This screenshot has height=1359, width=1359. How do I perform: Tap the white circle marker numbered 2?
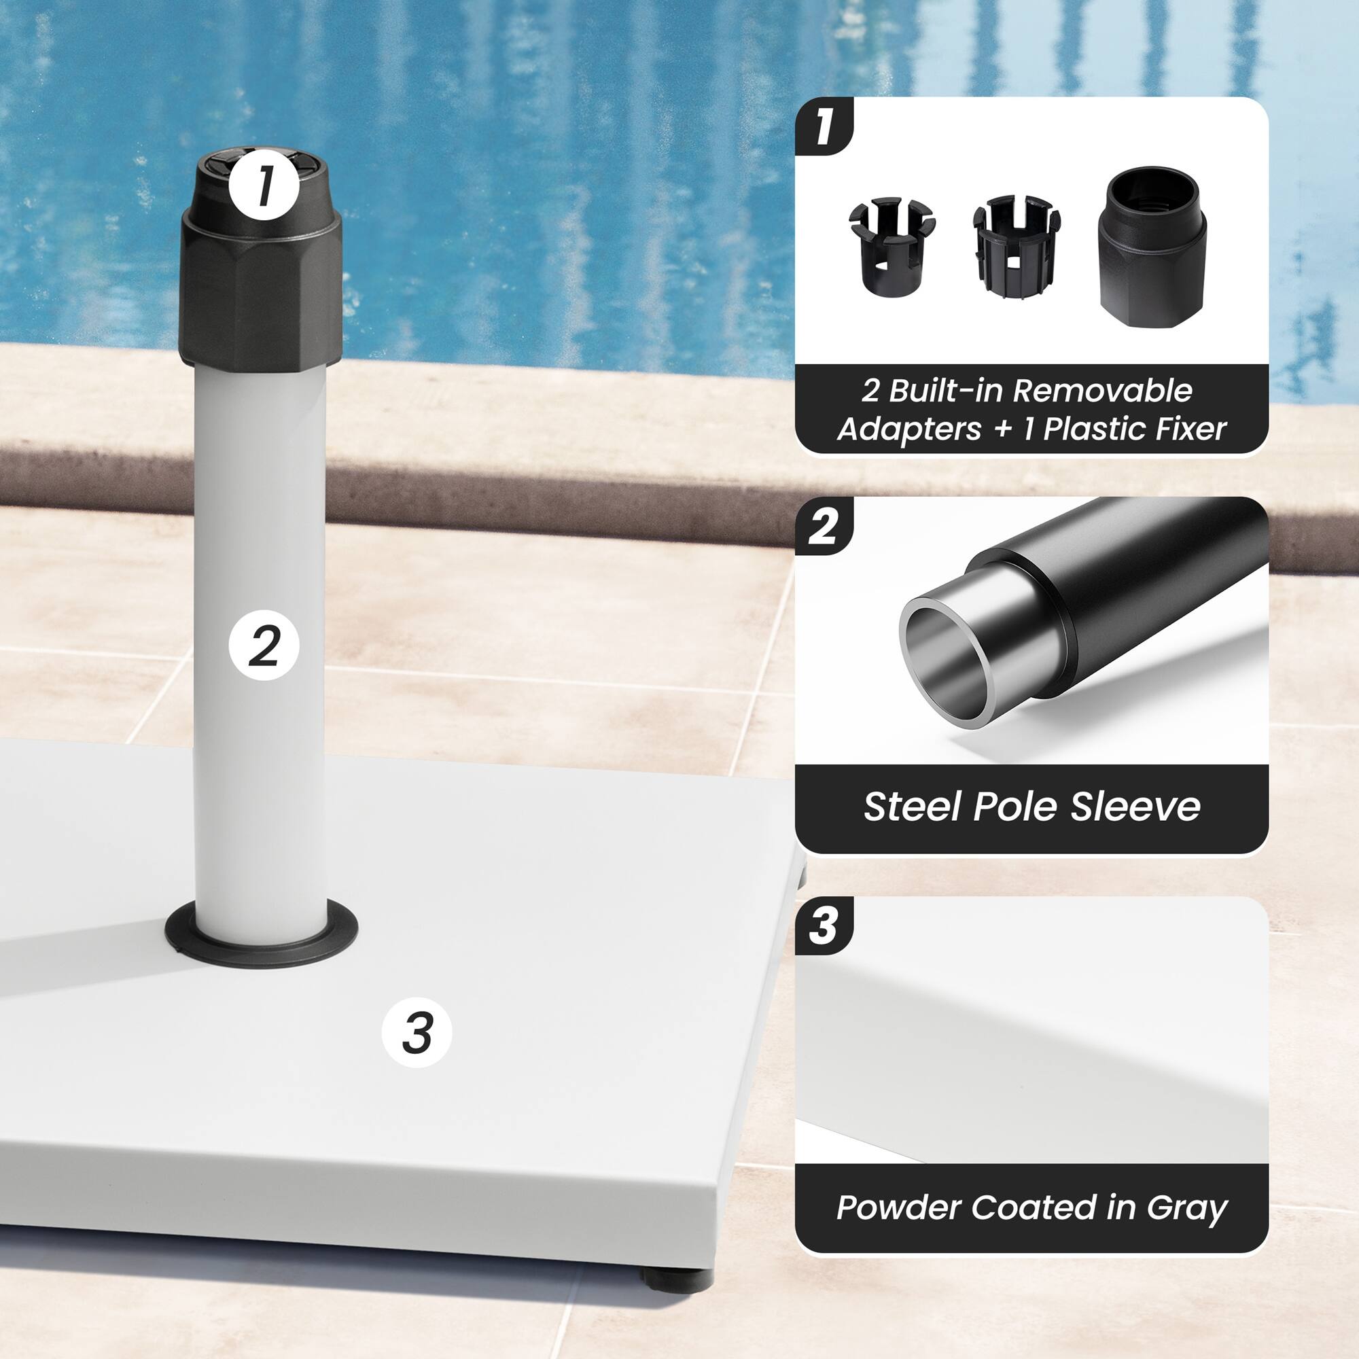coord(264,644)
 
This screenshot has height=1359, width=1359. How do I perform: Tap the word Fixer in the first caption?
coord(1190,429)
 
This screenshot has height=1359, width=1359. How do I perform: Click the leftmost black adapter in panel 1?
coord(892,247)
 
